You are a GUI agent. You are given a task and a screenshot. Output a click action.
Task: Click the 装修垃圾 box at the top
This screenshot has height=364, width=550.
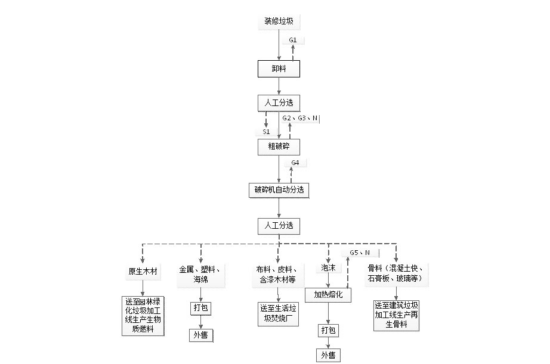279,21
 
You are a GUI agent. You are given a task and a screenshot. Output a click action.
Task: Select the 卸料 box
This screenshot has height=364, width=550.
279,69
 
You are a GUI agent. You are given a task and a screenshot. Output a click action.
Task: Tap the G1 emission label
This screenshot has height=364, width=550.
293,40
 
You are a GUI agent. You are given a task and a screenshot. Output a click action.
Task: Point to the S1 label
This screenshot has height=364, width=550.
266,131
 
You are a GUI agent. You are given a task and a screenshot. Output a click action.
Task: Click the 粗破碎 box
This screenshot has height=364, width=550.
279,147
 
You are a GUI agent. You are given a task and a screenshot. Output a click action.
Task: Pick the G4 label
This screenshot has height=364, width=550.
295,163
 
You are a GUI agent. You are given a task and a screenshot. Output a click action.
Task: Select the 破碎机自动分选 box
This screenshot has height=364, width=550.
279,190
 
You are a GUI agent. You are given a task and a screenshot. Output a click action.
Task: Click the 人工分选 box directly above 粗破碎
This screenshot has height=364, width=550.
279,102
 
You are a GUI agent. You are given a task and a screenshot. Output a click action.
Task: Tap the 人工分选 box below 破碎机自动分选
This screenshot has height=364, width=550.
279,226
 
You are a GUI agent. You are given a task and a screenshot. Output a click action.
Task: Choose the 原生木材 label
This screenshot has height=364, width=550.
143,272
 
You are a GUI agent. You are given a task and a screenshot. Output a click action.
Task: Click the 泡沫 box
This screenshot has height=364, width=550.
329,268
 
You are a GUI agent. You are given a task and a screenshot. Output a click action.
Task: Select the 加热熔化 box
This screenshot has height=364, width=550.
328,294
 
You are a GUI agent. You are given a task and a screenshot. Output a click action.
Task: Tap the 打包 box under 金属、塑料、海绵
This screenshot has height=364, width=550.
200,309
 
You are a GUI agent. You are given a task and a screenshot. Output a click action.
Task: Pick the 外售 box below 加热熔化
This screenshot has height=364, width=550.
328,356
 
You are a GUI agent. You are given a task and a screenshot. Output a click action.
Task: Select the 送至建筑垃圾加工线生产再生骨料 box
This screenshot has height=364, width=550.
395,314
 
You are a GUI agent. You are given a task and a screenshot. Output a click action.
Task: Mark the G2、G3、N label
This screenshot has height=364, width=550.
300,119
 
